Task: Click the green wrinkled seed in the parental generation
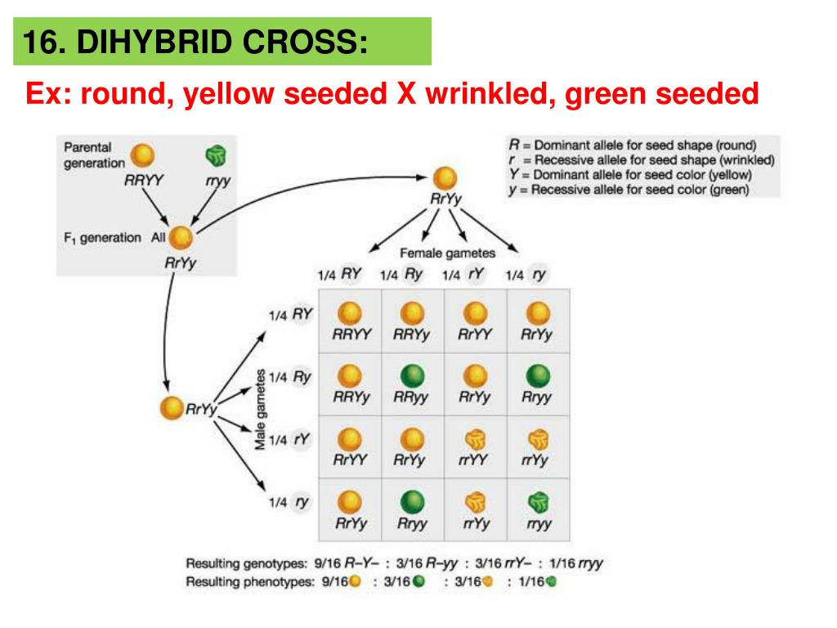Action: (x=216, y=155)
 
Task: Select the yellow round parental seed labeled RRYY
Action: (x=144, y=155)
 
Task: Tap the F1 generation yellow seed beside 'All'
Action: (x=181, y=239)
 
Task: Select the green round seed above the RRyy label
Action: (x=413, y=376)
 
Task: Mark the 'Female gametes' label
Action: (x=446, y=253)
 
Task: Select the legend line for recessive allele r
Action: (x=641, y=160)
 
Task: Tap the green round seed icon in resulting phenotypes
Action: (x=419, y=582)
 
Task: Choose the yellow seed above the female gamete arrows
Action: (x=444, y=178)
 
